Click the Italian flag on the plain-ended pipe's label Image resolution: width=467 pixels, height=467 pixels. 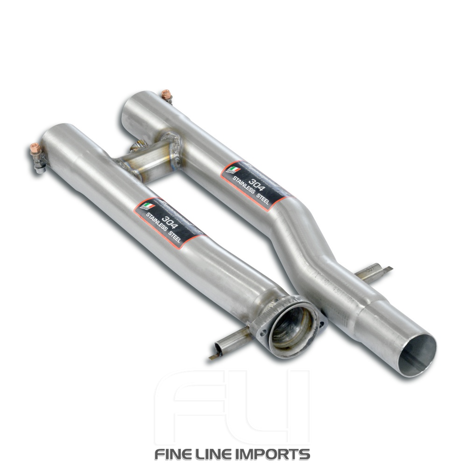pyautogui.click(x=232, y=169)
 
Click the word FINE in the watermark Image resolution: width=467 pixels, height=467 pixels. pyautogui.click(x=176, y=454)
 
